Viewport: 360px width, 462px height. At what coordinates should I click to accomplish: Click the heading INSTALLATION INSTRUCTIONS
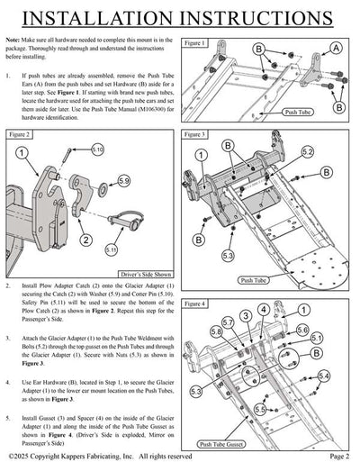180,17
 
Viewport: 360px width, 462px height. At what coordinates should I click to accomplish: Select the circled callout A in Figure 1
335,47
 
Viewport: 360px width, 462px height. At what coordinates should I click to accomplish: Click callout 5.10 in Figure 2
97,149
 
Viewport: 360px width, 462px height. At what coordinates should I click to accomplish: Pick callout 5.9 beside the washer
124,181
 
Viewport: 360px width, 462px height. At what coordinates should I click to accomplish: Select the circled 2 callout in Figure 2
85,240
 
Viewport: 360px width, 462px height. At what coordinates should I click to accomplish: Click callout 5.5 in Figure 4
259,409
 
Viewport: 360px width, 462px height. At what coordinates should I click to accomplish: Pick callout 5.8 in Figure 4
216,331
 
